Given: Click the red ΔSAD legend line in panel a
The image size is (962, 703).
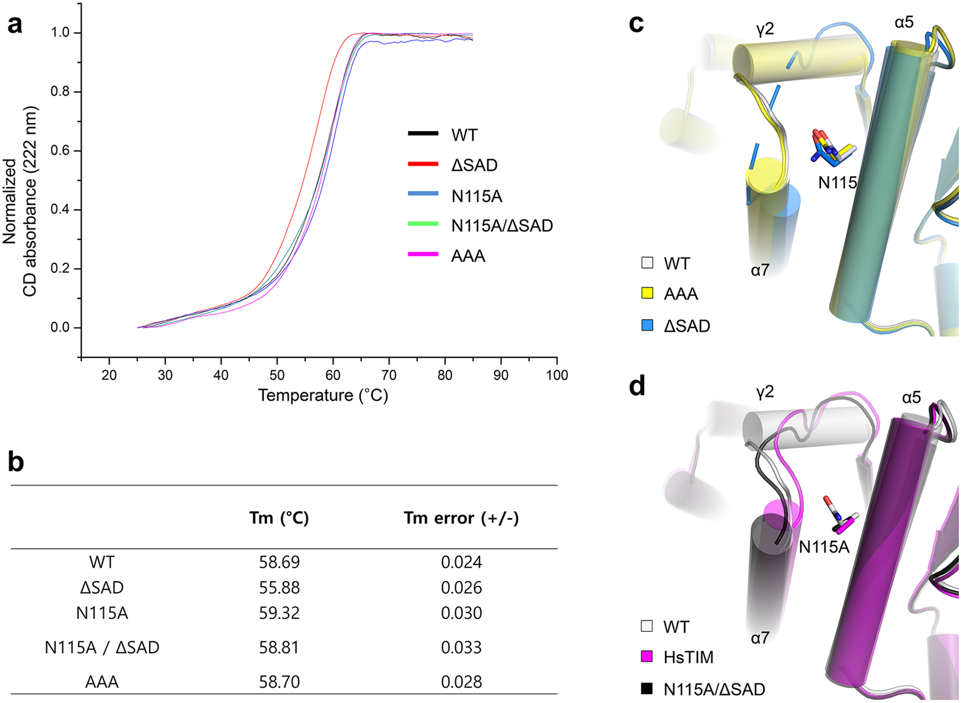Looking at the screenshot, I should pyautogui.click(x=423, y=165).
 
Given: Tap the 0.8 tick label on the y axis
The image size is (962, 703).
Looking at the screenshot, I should pyautogui.click(x=60, y=92).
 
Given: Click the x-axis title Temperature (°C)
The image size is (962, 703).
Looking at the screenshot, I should pyautogui.click(x=323, y=395).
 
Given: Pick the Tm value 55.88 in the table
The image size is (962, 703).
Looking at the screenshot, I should pyautogui.click(x=279, y=588).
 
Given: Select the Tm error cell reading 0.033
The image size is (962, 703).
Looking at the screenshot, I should pyautogui.click(x=461, y=647).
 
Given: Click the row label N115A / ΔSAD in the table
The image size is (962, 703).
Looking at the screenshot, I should pyautogui.click(x=102, y=647).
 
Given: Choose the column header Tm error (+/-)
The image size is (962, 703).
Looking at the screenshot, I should pyautogui.click(x=461, y=518).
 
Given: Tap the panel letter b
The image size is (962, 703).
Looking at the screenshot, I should pyautogui.click(x=16, y=462).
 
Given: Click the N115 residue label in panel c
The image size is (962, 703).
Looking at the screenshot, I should pyautogui.click(x=837, y=182).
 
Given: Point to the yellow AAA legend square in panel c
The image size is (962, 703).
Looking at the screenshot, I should pyautogui.click(x=647, y=293).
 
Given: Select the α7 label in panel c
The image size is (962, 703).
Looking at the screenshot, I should pyautogui.click(x=760, y=270).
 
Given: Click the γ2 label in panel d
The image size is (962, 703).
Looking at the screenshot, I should pyautogui.click(x=765, y=392).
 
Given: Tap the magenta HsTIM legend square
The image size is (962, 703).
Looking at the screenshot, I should pyautogui.click(x=647, y=657).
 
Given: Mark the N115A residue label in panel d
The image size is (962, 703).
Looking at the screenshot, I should pyautogui.click(x=824, y=547).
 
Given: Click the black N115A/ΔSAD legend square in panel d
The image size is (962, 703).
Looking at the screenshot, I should pyautogui.click(x=647, y=689).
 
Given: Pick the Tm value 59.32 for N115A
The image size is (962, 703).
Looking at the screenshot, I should pyautogui.click(x=279, y=613).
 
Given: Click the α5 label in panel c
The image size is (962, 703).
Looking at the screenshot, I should pyautogui.click(x=904, y=23).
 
